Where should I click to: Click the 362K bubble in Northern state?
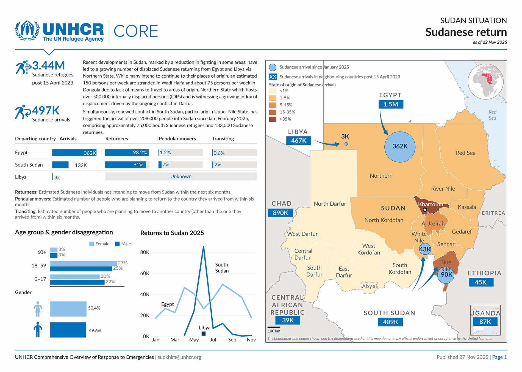[400, 147]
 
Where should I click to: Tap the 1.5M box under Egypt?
[391, 104]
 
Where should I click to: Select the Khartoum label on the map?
[430, 204]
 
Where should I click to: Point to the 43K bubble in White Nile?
[425, 249]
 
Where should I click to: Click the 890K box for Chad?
[280, 213]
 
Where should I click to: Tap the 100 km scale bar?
[274, 327]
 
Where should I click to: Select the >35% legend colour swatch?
[273, 119]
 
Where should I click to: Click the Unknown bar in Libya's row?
[181, 177]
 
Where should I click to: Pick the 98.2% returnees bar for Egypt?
[127, 153]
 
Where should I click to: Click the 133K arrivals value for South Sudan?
[81, 165]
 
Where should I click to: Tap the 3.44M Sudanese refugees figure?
[49, 66]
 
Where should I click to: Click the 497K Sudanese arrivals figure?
[46, 111]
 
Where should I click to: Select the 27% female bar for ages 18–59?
[83, 263]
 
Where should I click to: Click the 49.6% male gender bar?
[68, 330]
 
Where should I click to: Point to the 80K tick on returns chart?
[145, 252]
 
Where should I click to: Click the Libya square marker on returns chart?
[204, 334]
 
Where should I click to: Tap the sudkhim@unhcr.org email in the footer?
[179, 357]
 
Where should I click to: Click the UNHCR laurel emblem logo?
[27, 30]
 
